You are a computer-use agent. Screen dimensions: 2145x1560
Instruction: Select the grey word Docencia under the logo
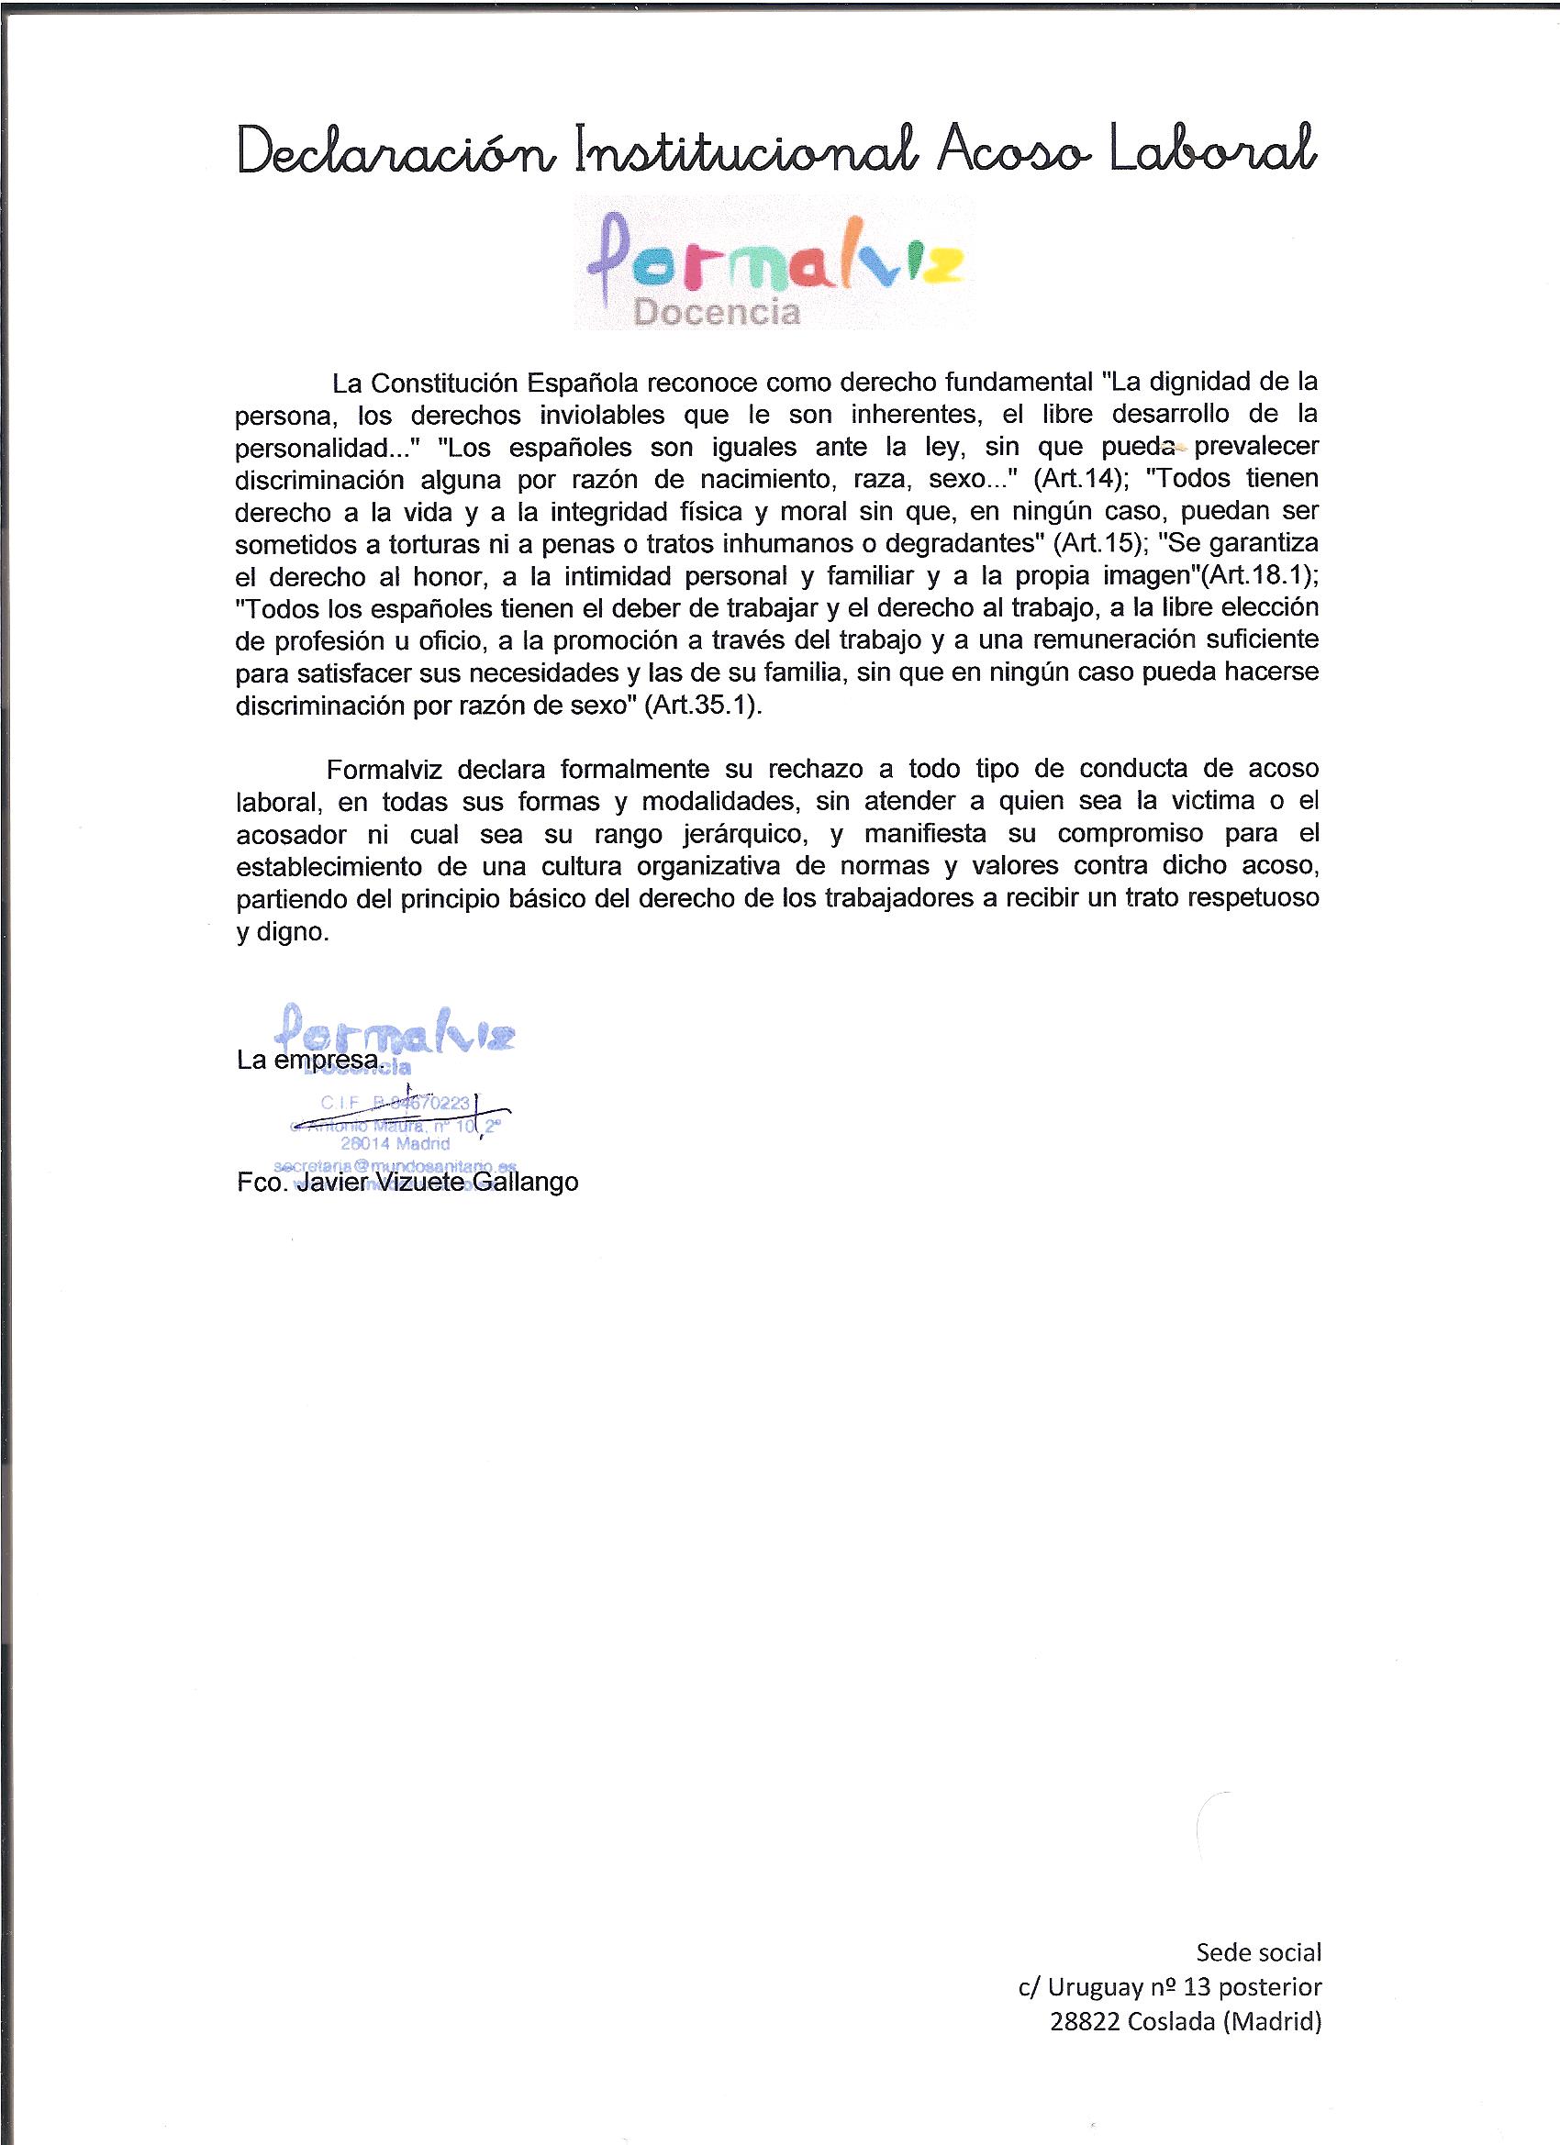point(717,312)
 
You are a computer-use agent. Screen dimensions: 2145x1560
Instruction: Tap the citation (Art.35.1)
point(702,706)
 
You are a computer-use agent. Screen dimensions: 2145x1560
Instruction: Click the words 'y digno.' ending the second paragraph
point(282,931)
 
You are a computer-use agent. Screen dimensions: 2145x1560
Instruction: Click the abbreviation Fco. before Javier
point(262,1183)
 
